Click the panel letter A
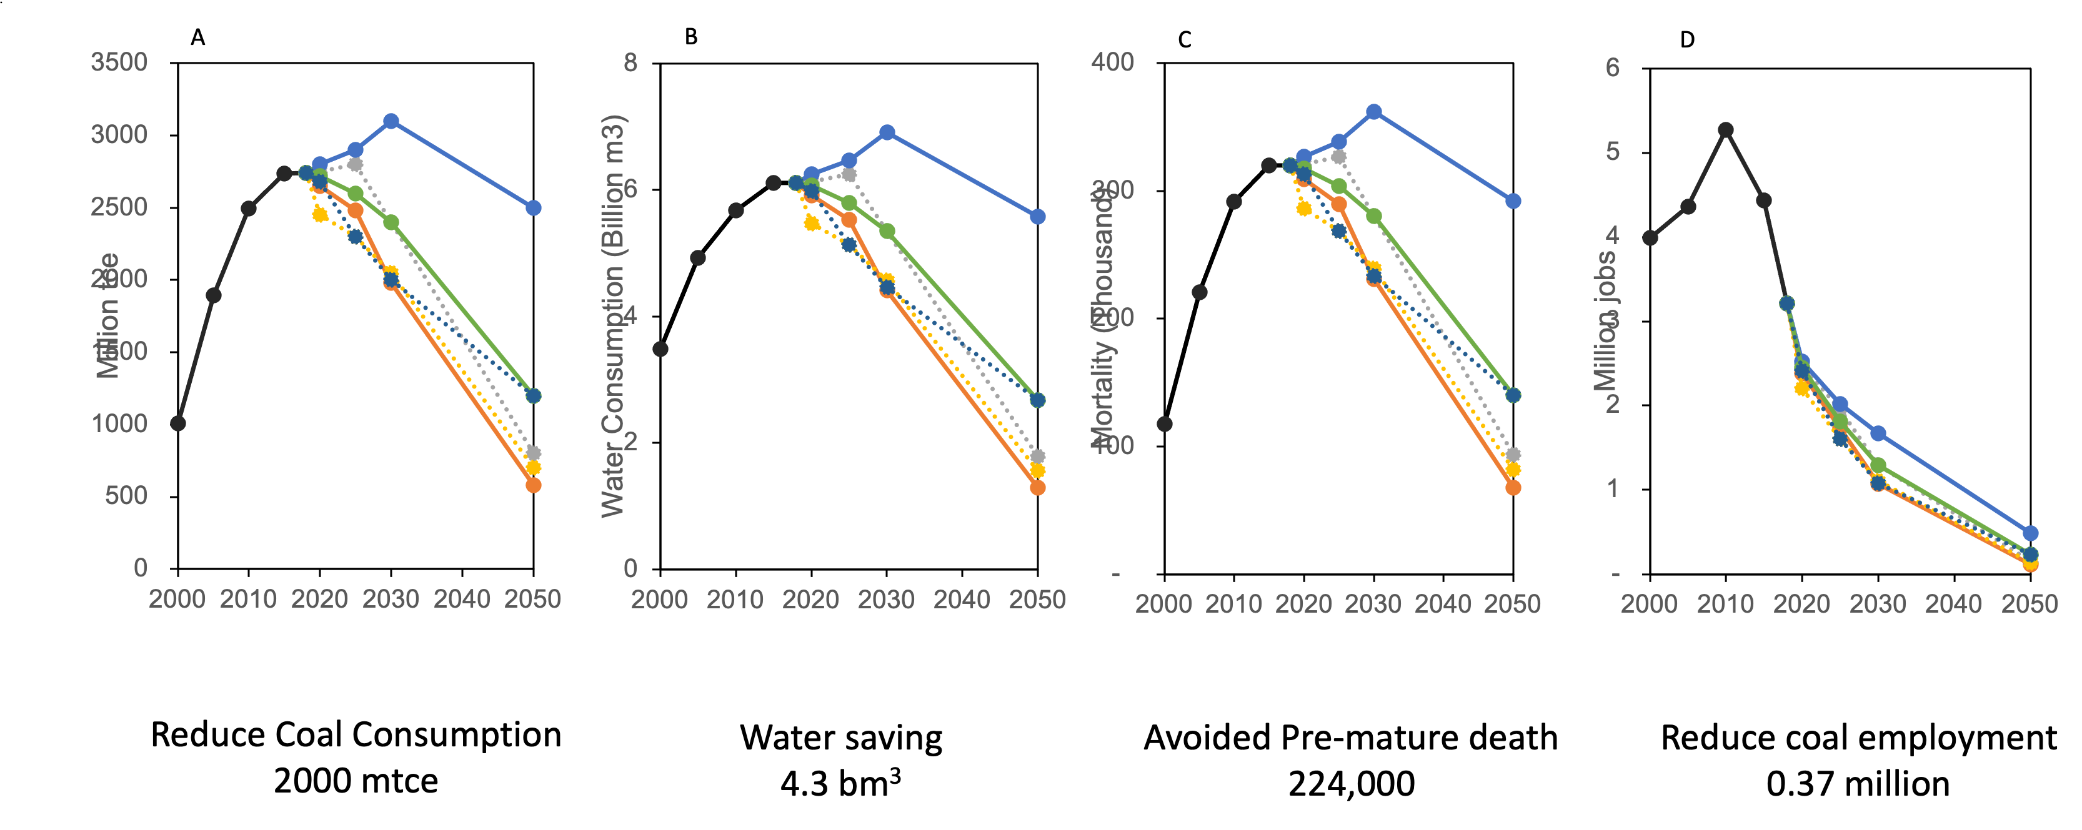click(198, 37)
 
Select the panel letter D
click(1688, 39)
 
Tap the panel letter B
click(691, 36)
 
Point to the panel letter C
click(1185, 39)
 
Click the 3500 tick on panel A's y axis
click(119, 62)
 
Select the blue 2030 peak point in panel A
click(391, 121)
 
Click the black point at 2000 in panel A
click(178, 423)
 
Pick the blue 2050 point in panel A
click(534, 208)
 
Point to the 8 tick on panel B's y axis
click(630, 62)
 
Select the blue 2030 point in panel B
click(887, 132)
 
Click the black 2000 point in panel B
click(660, 349)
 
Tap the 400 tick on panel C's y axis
click(1113, 62)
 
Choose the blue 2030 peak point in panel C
click(1374, 112)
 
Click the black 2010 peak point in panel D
click(1726, 130)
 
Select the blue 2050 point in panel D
click(2030, 533)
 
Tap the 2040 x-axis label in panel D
click(1955, 604)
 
